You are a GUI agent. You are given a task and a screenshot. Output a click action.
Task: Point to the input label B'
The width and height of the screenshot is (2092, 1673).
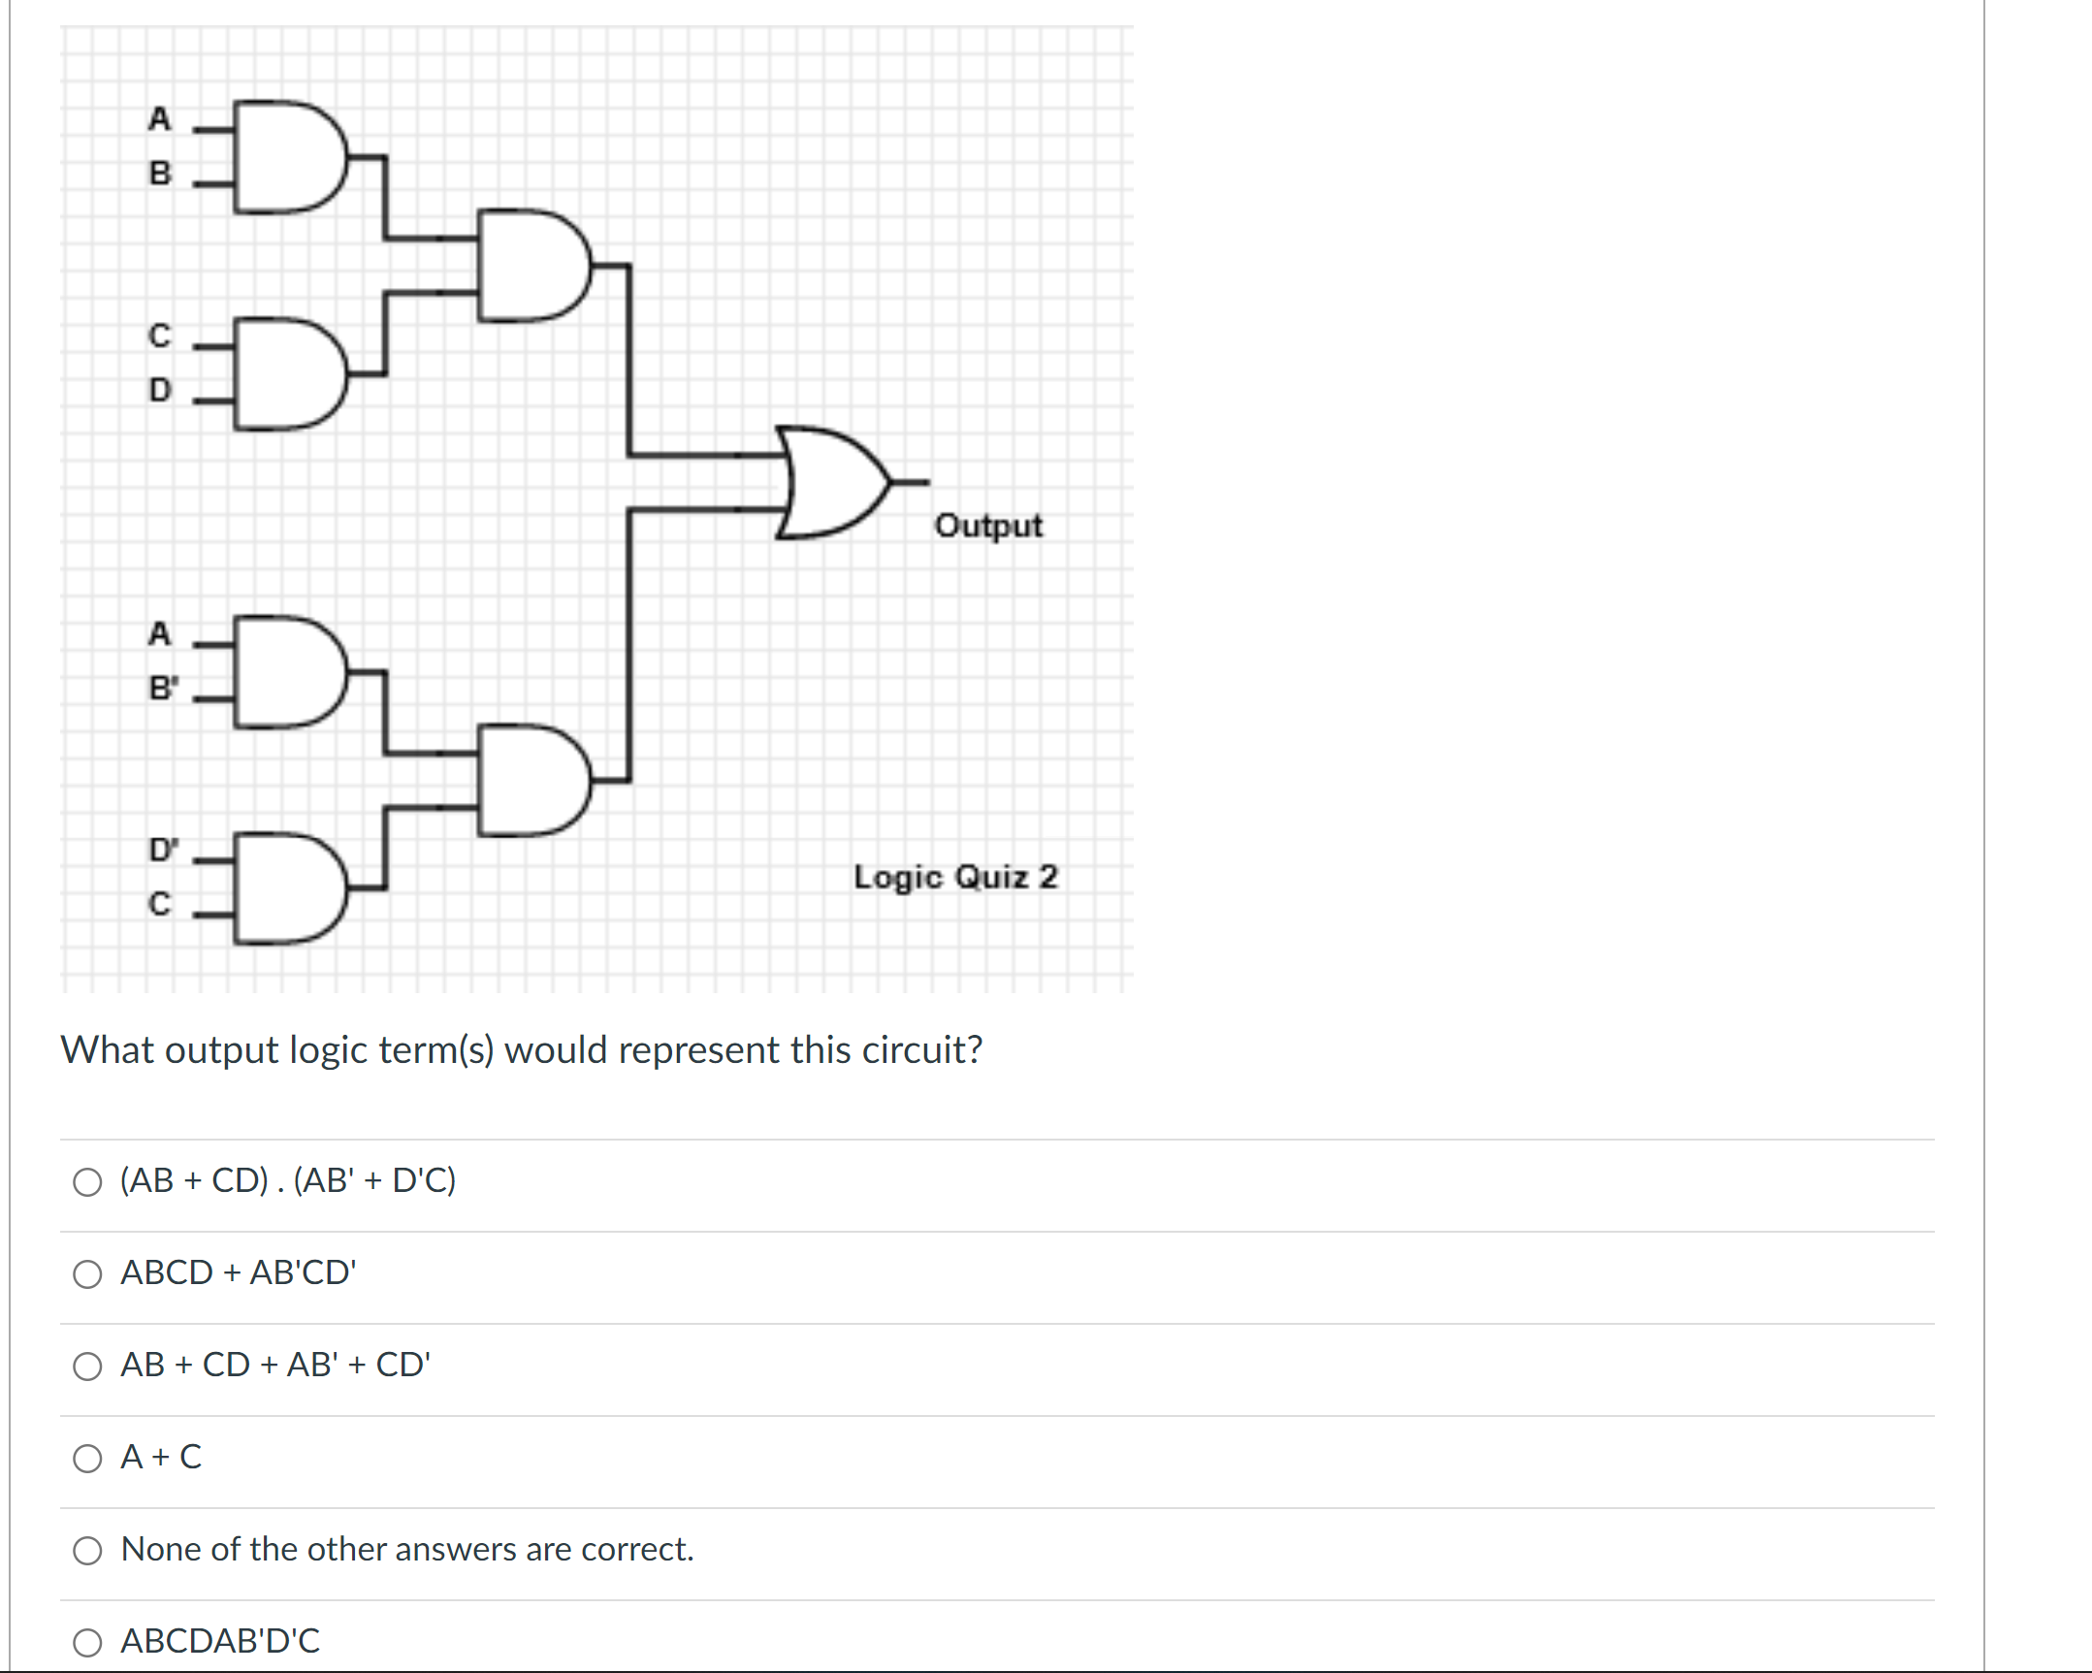[x=163, y=687]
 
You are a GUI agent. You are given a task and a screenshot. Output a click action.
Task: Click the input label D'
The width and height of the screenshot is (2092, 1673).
[x=163, y=850]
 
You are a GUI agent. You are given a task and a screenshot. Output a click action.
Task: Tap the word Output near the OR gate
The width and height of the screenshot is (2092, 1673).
[x=987, y=525]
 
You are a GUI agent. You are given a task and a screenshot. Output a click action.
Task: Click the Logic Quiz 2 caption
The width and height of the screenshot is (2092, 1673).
[x=954, y=877]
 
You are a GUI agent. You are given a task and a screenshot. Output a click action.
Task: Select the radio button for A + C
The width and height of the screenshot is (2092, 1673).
[x=87, y=1458]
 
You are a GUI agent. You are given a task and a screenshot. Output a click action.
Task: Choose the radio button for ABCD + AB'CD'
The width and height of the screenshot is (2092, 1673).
[x=87, y=1273]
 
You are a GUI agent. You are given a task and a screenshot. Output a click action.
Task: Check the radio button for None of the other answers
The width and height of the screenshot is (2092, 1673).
[x=87, y=1550]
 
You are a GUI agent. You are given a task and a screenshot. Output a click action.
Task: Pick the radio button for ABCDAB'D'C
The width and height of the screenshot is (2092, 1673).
[x=87, y=1642]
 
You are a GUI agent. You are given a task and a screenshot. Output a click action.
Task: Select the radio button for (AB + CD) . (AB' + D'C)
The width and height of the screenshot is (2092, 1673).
[x=87, y=1181]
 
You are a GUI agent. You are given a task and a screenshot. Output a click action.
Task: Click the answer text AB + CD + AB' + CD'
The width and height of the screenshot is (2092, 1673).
[x=275, y=1365]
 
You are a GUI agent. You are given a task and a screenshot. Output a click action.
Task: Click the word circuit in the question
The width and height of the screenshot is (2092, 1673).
[x=921, y=1050]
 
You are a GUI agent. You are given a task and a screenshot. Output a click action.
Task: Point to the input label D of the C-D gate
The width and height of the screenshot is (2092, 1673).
[x=159, y=389]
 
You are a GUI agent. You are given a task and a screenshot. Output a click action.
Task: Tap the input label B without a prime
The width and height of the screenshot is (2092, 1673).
[x=159, y=173]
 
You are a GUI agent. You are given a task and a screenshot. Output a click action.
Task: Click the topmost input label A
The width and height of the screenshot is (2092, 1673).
[x=159, y=118]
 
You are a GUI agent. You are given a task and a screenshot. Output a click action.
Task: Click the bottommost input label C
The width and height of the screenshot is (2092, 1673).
[x=159, y=904]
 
